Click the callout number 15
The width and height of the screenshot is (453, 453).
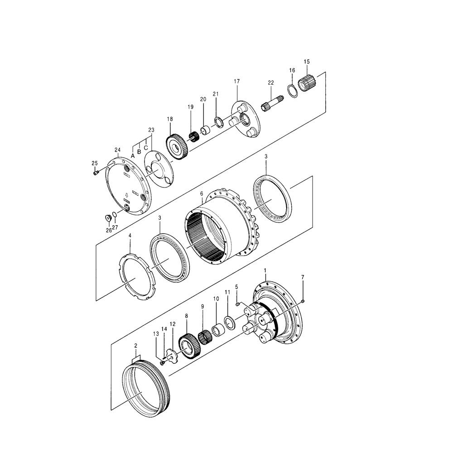tap(307, 61)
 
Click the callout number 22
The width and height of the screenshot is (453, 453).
tap(271, 82)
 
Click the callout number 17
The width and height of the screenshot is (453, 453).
tap(237, 81)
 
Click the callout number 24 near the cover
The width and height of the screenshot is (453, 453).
tap(117, 150)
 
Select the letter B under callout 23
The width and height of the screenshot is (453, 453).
tap(140, 152)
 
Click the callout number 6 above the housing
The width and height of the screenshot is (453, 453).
tap(201, 193)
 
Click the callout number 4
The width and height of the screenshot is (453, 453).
tap(130, 236)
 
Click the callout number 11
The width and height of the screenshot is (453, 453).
tap(227, 292)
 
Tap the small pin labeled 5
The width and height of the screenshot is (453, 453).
tap(237, 304)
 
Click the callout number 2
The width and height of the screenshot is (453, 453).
tap(135, 346)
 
